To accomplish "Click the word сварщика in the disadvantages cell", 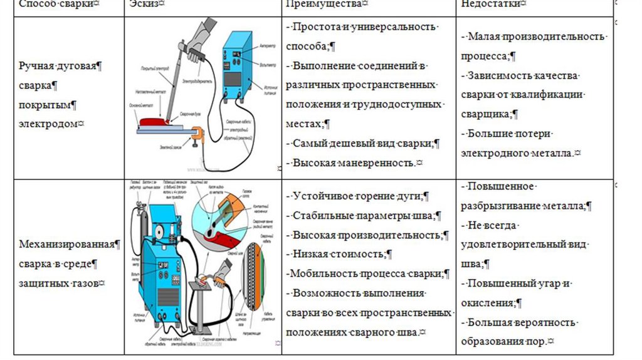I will (x=489, y=114).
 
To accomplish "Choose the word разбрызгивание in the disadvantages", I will (x=511, y=206).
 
